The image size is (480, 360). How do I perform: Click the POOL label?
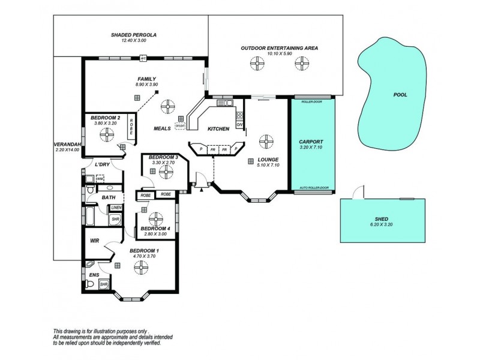pyautogui.click(x=400, y=94)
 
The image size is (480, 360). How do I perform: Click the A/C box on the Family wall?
pyautogui.click(x=143, y=58)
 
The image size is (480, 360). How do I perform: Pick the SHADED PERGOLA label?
pyautogui.click(x=133, y=35)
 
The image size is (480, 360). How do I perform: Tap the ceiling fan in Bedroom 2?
pyautogui.click(x=106, y=134)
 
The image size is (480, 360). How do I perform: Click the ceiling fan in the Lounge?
pyautogui.click(x=264, y=142)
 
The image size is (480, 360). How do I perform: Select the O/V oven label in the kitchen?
pyautogui.click(x=239, y=125)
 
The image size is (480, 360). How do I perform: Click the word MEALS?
pyautogui.click(x=162, y=128)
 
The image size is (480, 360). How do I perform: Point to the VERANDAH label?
pyautogui.click(x=64, y=145)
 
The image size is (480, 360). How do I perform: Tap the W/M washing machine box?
pyautogui.click(x=100, y=179)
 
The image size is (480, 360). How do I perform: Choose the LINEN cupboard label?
pyautogui.click(x=115, y=208)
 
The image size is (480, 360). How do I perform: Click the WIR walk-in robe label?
pyautogui.click(x=94, y=241)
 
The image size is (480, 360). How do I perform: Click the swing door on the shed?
pyautogui.click(x=358, y=191)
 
